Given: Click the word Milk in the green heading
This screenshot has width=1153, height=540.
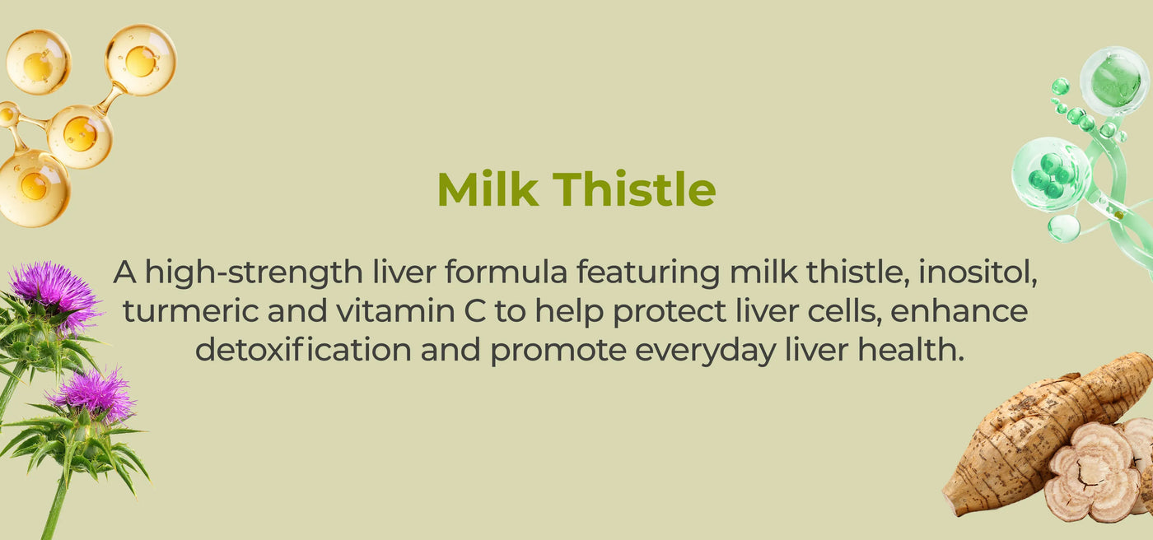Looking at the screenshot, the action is pyautogui.click(x=488, y=189).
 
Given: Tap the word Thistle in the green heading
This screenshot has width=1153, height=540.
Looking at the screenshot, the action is pyautogui.click(x=634, y=189).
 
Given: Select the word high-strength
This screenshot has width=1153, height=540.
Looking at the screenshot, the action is pyautogui.click(x=254, y=272).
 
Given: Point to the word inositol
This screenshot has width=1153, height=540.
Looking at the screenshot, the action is pyautogui.click(x=978, y=272).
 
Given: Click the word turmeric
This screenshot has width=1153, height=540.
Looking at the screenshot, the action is pyautogui.click(x=190, y=311).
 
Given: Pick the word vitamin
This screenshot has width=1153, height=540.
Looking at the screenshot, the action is pyautogui.click(x=395, y=311).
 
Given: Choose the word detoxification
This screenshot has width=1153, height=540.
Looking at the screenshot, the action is pyautogui.click(x=304, y=350).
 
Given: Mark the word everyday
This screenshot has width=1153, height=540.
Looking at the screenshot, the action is pyautogui.click(x=705, y=351).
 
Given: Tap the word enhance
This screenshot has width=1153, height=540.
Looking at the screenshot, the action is pyautogui.click(x=959, y=311).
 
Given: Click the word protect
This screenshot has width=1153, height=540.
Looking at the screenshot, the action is pyautogui.click(x=670, y=312).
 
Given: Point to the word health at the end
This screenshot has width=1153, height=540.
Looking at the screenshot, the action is pyautogui.click(x=910, y=350).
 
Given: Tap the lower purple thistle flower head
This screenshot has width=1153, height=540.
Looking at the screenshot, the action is pyautogui.click(x=96, y=393).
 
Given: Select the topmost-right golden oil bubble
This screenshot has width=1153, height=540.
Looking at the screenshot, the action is pyautogui.click(x=141, y=60).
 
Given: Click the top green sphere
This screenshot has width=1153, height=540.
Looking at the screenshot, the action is pyautogui.click(x=1114, y=81).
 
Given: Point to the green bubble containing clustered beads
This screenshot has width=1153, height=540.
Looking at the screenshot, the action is pyautogui.click(x=1051, y=175).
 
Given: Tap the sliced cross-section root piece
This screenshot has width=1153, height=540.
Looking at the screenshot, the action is pyautogui.click(x=1091, y=472).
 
